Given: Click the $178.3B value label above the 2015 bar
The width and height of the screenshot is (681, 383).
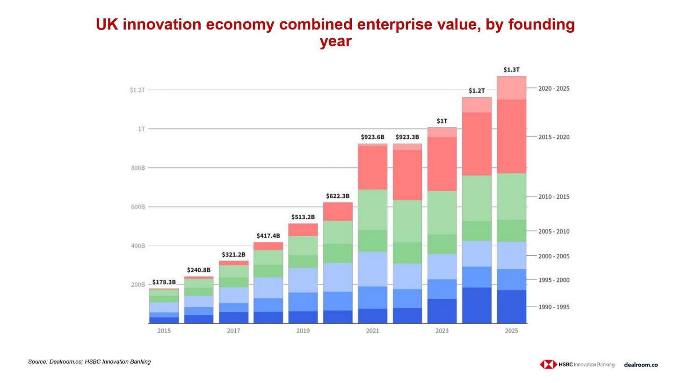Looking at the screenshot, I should (164, 282).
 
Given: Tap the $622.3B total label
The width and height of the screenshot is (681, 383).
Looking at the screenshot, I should (338, 196).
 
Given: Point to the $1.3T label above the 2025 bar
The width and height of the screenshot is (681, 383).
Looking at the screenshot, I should (511, 70).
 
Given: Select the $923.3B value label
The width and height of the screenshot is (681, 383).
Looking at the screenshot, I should (407, 137).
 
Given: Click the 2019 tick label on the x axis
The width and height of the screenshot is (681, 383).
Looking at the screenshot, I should (303, 331).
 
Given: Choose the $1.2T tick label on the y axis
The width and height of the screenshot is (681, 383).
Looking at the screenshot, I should (137, 90).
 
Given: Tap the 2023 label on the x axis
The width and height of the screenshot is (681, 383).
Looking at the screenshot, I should (442, 331).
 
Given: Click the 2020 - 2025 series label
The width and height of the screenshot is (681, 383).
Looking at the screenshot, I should (554, 88).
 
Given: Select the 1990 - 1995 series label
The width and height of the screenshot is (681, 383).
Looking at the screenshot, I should (554, 307).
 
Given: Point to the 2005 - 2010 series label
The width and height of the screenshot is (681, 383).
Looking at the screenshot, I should (554, 231).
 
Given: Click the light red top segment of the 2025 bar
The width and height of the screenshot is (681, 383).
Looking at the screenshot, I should (511, 87).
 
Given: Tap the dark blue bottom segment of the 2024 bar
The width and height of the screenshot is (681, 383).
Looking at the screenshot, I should (477, 305).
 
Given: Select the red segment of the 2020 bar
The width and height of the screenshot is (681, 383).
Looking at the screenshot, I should (338, 211).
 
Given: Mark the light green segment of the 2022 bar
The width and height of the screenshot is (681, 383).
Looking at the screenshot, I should (407, 221).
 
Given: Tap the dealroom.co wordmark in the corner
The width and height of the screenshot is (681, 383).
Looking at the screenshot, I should (641, 365).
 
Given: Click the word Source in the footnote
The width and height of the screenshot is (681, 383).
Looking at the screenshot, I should (37, 361).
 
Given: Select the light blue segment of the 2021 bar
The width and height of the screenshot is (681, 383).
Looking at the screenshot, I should (373, 269).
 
